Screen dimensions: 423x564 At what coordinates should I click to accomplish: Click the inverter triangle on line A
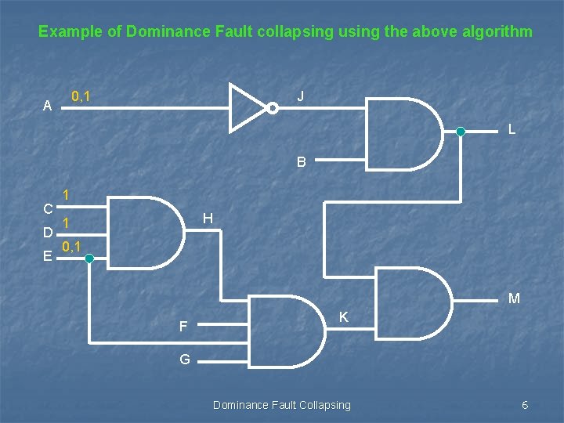tap(245, 107)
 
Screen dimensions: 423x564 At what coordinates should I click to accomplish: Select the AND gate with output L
tap(403, 133)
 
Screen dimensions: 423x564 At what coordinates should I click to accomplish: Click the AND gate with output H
tap(142, 232)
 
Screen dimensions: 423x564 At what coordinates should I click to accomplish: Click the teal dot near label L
tap(461, 132)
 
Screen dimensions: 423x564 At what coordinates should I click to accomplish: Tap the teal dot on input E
tap(89, 256)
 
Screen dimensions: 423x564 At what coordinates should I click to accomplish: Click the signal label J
tap(302, 96)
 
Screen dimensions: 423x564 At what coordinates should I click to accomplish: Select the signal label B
tap(302, 163)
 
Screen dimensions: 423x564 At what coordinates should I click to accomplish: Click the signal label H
tap(208, 218)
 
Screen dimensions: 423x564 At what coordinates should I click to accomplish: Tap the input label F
tap(183, 327)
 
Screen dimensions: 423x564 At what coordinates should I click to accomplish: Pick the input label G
tap(185, 360)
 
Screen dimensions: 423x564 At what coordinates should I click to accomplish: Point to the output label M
tap(514, 298)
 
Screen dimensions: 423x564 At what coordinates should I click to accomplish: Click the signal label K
tap(344, 317)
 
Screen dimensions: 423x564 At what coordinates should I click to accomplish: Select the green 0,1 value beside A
tap(80, 97)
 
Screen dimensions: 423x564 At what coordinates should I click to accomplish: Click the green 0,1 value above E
tap(73, 247)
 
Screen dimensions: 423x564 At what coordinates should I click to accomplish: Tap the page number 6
tap(525, 405)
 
